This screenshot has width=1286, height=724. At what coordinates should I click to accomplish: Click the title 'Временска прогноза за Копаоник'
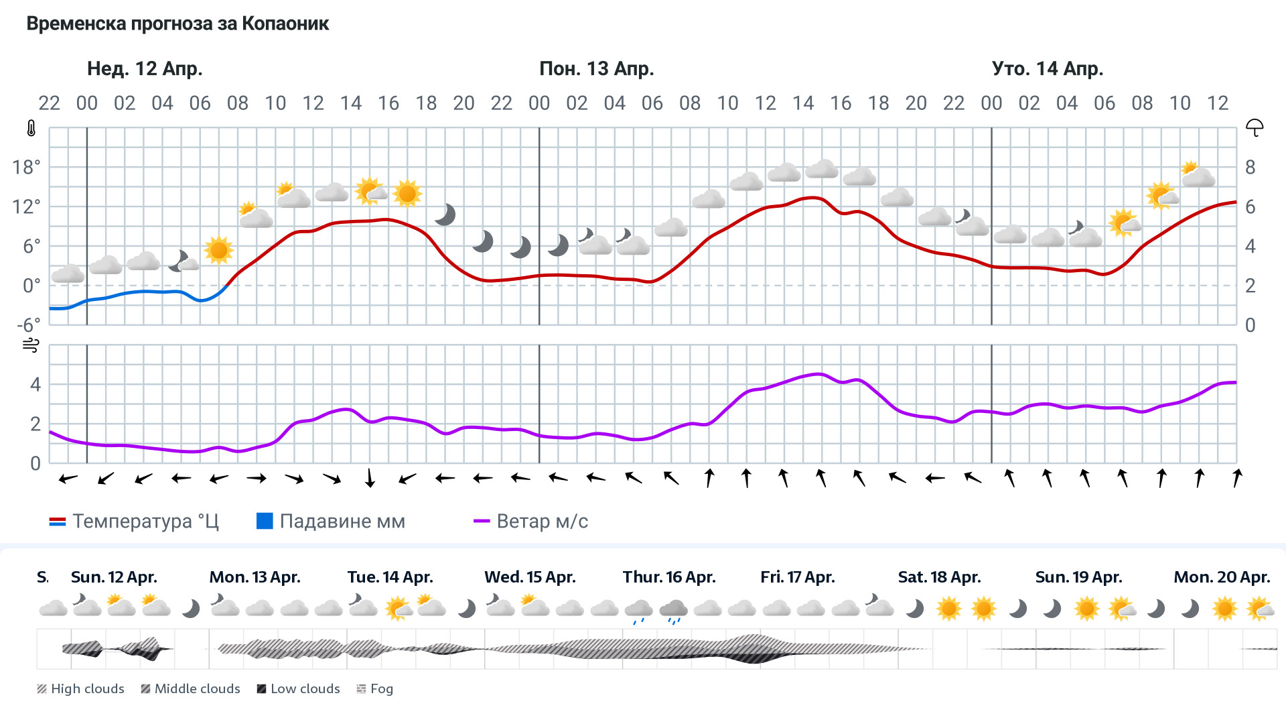point(177,23)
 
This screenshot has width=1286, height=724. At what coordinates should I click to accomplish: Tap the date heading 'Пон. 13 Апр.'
point(596,68)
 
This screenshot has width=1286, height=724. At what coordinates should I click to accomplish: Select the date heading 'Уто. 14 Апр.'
point(1047,68)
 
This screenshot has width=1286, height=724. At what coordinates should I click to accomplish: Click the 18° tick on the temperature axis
point(26,167)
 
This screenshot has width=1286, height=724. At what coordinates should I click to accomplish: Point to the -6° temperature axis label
point(28,325)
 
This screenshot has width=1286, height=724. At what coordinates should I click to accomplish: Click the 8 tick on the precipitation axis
point(1250,167)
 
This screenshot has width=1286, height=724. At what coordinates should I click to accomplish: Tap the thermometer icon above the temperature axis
point(31,128)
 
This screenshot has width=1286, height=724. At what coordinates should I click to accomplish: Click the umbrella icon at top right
point(1255,127)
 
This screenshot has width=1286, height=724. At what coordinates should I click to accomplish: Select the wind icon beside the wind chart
point(31,345)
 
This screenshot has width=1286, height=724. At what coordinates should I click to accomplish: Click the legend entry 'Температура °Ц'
point(134,521)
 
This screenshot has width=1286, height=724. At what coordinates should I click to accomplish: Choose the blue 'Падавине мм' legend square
point(265,521)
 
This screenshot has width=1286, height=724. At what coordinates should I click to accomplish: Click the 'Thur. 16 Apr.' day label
point(668,577)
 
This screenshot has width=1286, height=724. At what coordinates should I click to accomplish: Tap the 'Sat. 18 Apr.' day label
point(939,577)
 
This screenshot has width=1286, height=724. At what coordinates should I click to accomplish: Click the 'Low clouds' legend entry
point(299,688)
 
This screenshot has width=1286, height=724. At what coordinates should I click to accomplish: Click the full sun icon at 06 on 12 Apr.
point(218,250)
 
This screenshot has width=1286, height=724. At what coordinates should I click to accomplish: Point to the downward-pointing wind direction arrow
point(370,478)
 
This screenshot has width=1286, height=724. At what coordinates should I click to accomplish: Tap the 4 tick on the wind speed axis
point(35,384)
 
